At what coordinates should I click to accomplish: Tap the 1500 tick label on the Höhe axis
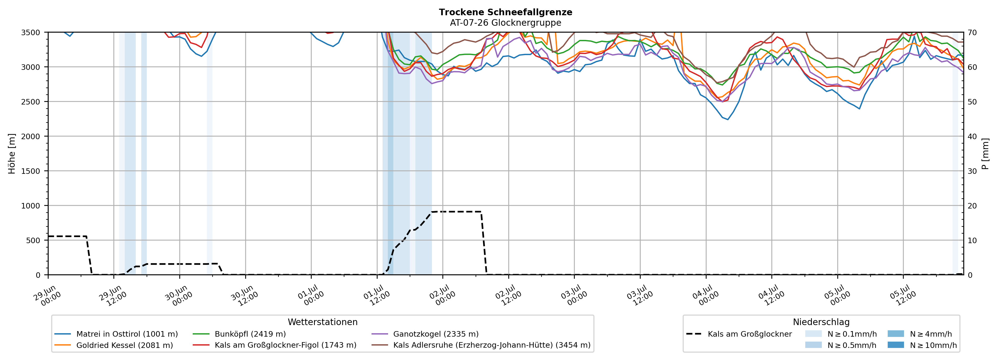point(31,171)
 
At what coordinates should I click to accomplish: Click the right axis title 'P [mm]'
point(986,153)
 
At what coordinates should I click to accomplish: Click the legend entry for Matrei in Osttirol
point(116,334)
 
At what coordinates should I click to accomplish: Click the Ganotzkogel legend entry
point(425,334)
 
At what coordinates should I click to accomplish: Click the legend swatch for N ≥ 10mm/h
point(896,345)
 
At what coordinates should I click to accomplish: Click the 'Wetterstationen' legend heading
point(323,322)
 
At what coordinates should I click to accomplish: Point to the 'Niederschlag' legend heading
point(821,322)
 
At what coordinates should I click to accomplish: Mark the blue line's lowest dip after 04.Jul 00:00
point(728,119)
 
